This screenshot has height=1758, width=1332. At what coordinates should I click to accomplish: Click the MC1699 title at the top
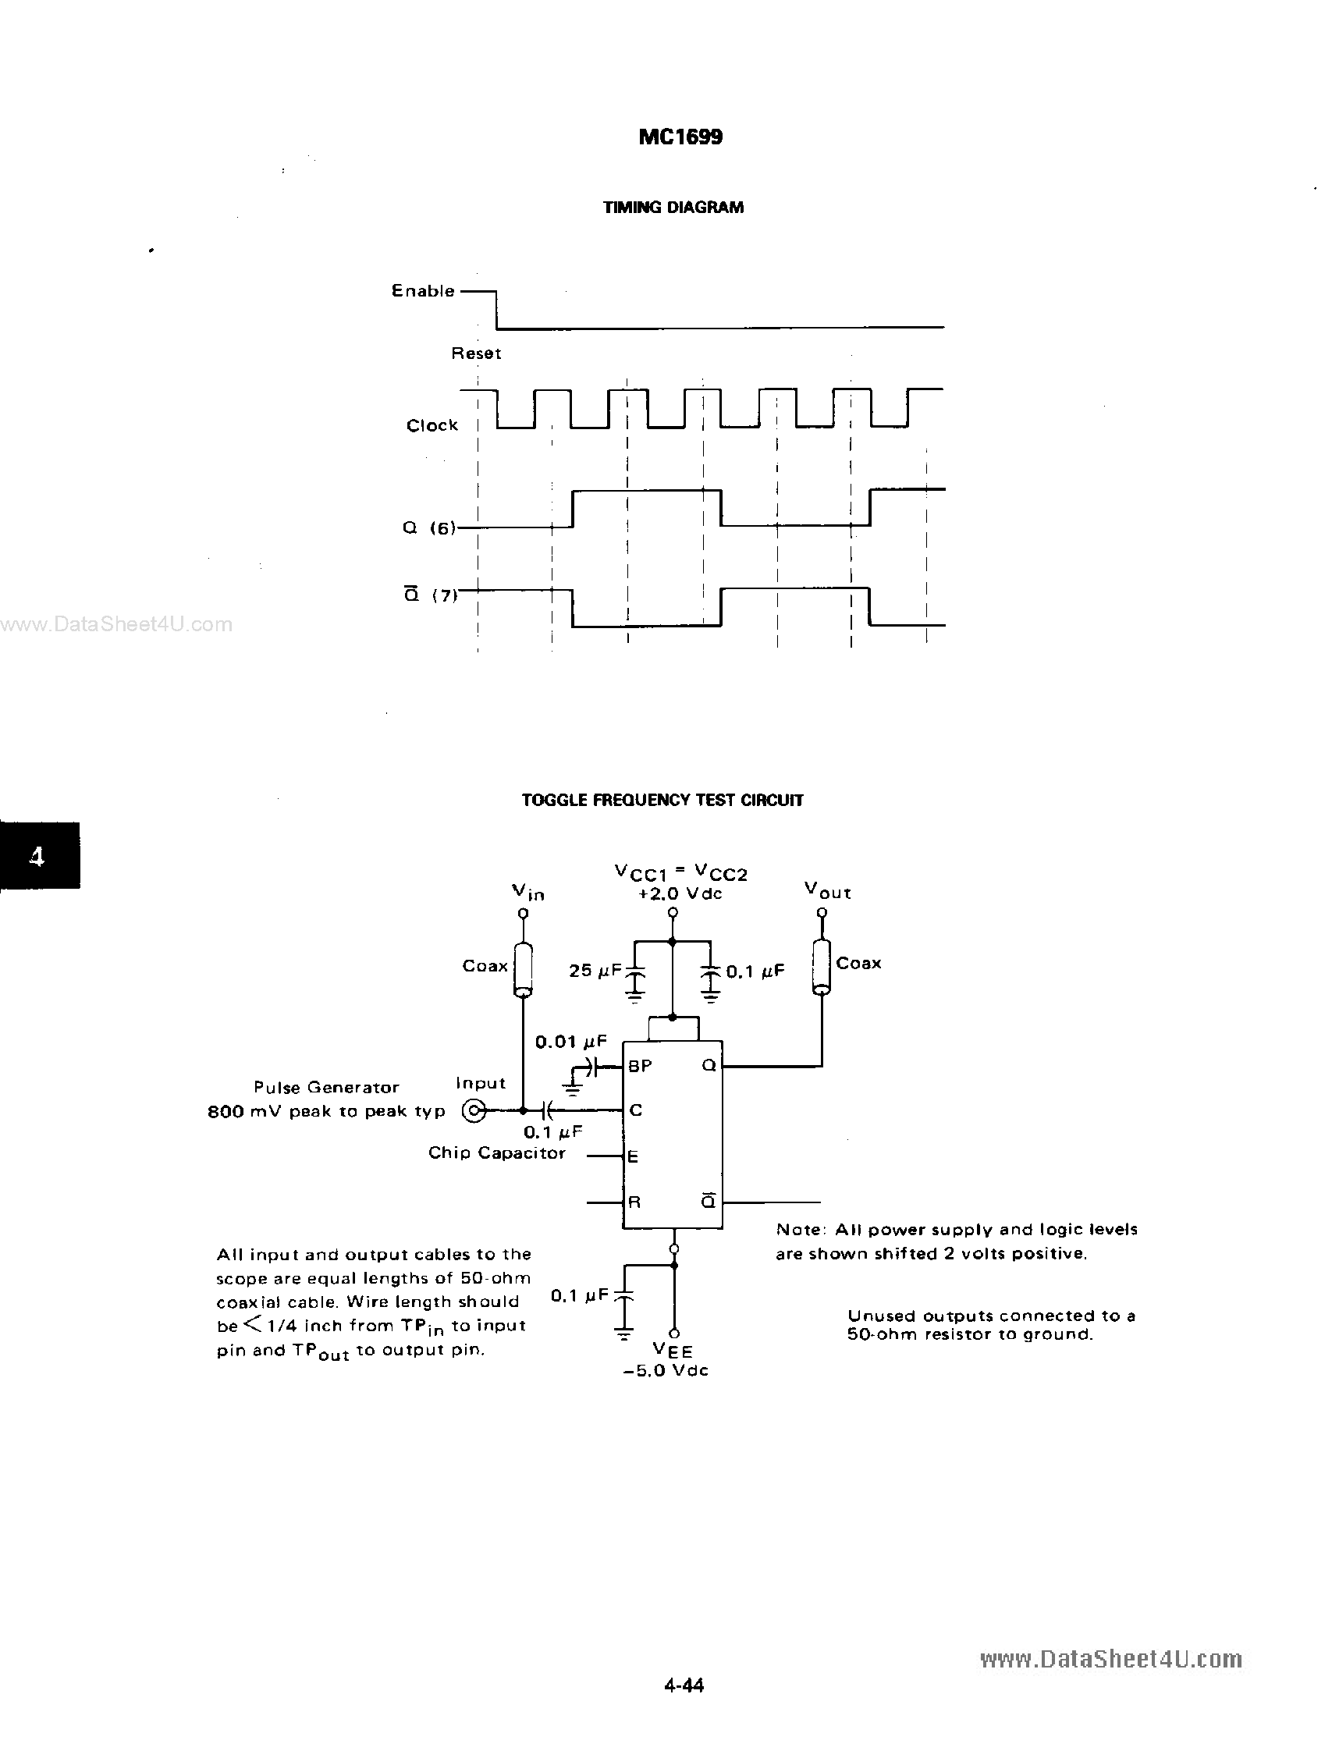(680, 137)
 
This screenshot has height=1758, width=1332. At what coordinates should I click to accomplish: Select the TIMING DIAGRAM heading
(673, 208)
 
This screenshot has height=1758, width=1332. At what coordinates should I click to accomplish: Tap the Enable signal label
(423, 291)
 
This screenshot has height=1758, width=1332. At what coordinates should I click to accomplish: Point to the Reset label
(476, 353)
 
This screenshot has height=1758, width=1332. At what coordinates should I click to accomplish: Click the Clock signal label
(432, 425)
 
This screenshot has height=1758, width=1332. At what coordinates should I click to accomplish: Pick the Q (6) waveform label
(429, 527)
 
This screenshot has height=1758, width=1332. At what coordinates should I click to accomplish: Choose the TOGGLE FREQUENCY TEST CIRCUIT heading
(662, 801)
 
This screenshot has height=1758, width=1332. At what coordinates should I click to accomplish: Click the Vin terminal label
(527, 893)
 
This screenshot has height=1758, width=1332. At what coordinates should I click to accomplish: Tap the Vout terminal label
(827, 891)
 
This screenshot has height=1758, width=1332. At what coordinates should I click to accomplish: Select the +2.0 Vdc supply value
(680, 894)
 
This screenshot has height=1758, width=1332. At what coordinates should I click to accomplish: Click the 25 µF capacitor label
(595, 971)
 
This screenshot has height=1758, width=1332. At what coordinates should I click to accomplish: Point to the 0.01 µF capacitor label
(570, 1042)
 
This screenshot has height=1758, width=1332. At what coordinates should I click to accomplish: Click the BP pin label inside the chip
(640, 1067)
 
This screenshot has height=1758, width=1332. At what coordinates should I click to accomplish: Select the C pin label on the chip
(635, 1110)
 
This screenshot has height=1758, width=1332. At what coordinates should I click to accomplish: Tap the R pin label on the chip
(634, 1202)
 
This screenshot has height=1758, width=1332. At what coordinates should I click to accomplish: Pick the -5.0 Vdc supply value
(666, 1371)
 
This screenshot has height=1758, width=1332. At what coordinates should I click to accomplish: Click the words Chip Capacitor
(497, 1153)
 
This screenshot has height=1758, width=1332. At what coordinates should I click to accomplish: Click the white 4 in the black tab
(37, 856)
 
